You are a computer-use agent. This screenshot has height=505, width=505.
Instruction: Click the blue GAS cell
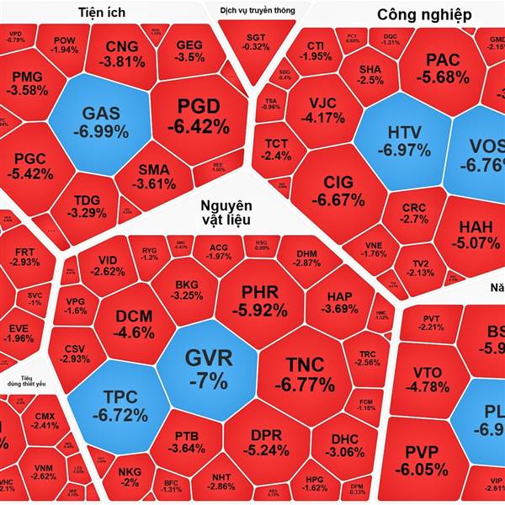click(x=100, y=121)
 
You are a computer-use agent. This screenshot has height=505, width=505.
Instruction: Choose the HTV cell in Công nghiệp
click(x=410, y=141)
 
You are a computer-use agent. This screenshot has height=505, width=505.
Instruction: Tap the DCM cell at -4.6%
click(x=134, y=323)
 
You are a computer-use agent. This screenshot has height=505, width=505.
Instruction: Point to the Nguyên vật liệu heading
click(x=226, y=214)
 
